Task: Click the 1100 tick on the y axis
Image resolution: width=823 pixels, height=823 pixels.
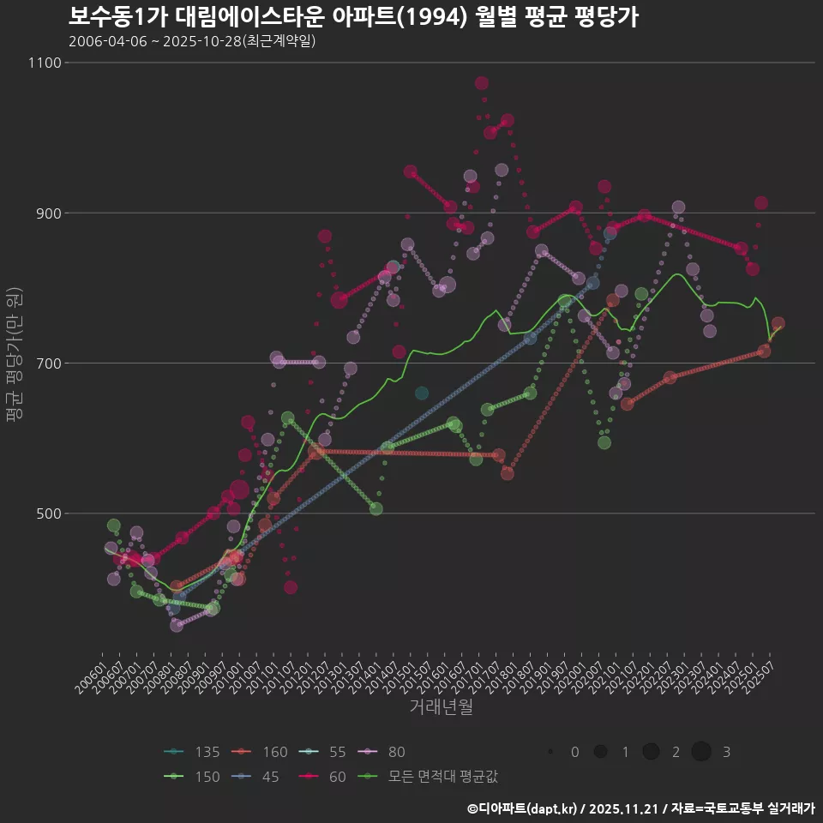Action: pyautogui.click(x=45, y=63)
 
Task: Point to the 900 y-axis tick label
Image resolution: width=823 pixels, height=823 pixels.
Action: pyautogui.click(x=48, y=213)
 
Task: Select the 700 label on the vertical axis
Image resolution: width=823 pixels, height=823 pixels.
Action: pyautogui.click(x=48, y=363)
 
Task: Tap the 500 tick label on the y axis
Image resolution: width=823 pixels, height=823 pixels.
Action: pyautogui.click(x=48, y=513)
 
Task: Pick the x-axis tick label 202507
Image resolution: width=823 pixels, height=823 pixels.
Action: pyautogui.click(x=766, y=665)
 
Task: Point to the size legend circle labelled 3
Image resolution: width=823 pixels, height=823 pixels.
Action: pyautogui.click(x=702, y=752)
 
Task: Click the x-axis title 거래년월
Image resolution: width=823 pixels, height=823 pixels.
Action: pyautogui.click(x=442, y=707)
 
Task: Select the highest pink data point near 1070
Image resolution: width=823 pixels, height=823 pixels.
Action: pyautogui.click(x=482, y=83)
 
